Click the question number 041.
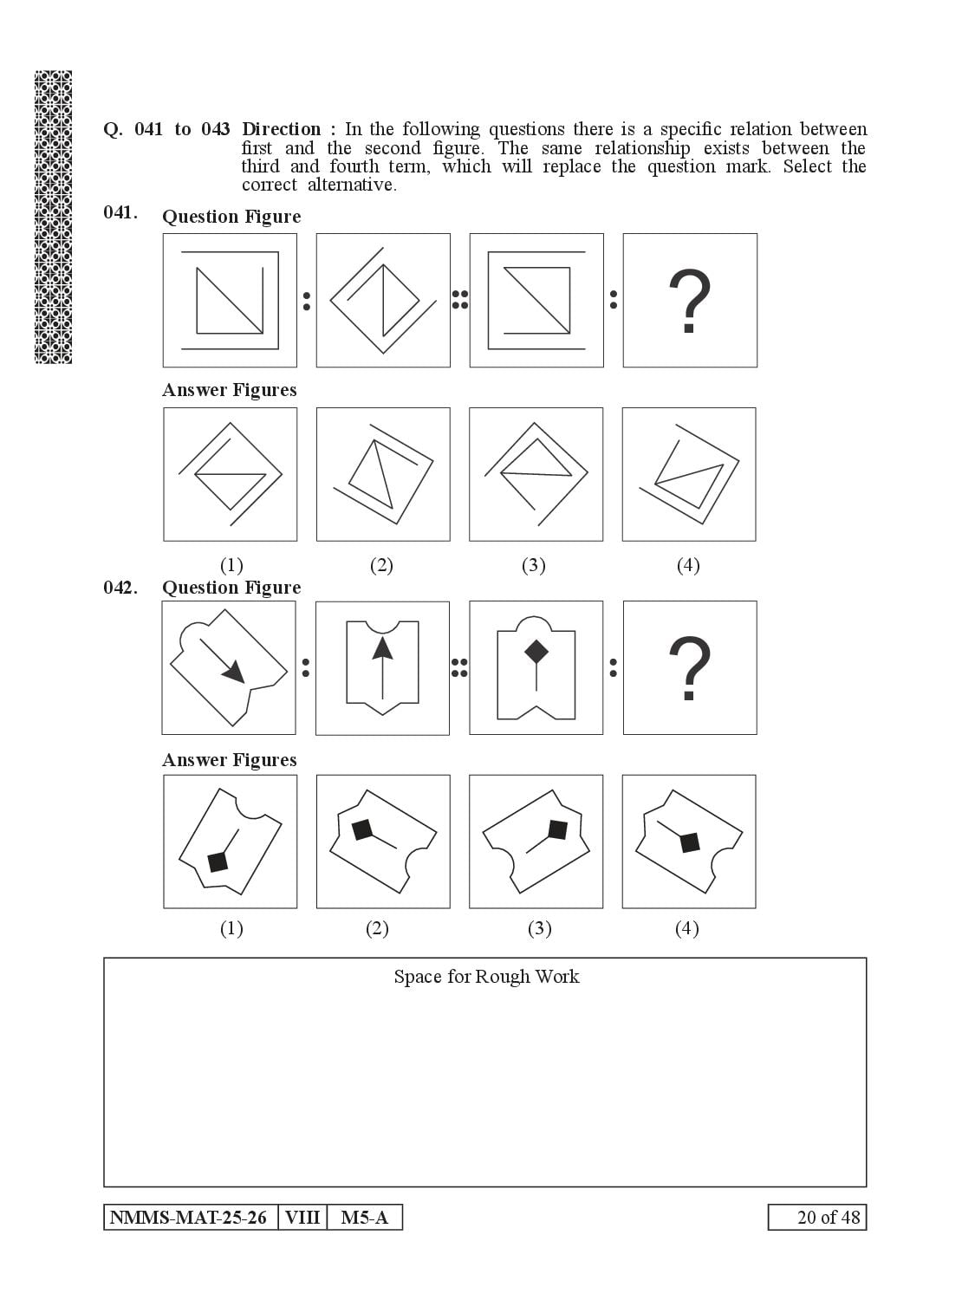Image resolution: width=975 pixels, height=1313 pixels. point(120,212)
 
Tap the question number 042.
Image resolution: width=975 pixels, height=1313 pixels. point(120,588)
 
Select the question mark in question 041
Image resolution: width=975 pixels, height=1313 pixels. point(690,301)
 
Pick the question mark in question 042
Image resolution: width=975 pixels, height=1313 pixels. point(690,668)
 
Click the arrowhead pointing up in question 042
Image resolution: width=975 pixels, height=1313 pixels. point(382,647)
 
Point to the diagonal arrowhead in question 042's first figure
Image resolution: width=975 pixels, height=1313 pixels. point(234,672)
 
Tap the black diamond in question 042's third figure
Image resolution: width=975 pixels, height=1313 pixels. point(536,651)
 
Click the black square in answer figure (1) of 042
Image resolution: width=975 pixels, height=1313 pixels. point(218,861)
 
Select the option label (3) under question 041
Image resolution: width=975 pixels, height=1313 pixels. point(533,565)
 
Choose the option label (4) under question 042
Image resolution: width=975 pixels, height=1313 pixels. point(686,928)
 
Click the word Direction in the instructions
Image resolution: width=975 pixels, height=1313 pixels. point(281,129)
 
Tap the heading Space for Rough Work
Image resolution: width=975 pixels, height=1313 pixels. point(486,977)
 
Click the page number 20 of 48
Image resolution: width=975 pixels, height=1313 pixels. point(829,1217)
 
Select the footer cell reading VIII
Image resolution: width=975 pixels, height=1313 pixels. point(302,1217)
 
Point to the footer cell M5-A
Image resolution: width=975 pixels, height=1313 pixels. point(365,1217)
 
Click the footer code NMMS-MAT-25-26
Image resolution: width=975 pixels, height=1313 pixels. point(188,1217)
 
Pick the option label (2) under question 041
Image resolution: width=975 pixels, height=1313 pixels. point(381,565)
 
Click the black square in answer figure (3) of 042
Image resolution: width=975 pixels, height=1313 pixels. point(557,830)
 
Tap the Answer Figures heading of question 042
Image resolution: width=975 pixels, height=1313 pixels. point(230,760)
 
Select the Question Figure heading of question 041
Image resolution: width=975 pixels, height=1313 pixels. point(231,217)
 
